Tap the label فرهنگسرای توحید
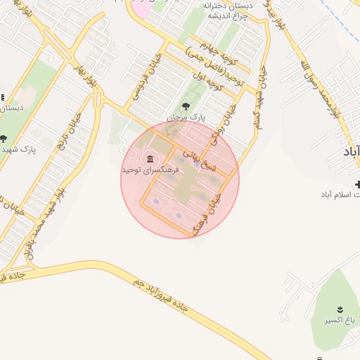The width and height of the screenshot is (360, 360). click(x=150, y=170)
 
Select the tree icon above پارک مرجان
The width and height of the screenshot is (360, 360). click(x=186, y=107)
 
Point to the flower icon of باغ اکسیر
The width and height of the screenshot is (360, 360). click(x=338, y=309)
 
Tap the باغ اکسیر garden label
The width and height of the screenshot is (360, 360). click(x=338, y=320)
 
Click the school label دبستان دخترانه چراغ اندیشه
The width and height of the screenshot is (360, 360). click(x=227, y=11)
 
